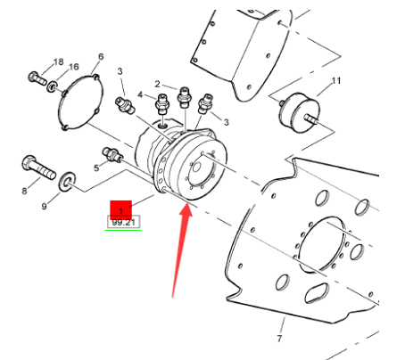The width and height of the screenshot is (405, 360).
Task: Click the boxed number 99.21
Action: pos(122,221)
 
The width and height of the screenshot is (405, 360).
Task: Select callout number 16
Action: pos(74,68)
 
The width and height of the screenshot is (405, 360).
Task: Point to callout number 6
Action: pos(100,57)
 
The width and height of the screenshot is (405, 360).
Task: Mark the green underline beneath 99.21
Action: pos(122,229)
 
